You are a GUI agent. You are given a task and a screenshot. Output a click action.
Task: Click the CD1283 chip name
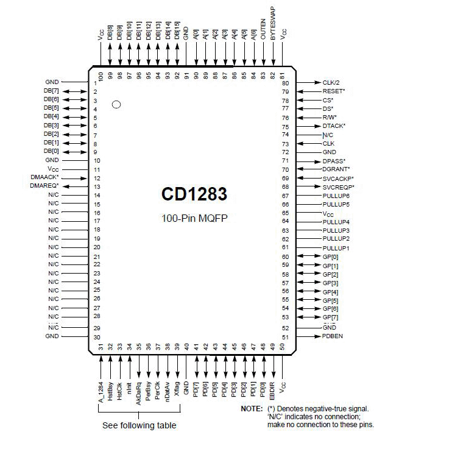coord(194,194)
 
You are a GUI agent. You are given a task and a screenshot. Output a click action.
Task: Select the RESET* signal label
coord(334,91)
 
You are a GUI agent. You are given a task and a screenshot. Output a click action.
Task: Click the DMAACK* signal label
coord(44,177)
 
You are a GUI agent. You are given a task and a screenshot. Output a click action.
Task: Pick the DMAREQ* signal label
coord(44,186)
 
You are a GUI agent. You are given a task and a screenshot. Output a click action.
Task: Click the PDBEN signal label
coord(333,336)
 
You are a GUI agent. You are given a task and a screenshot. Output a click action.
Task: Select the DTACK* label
coord(334,126)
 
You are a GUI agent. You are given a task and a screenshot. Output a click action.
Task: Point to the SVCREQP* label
coord(338,186)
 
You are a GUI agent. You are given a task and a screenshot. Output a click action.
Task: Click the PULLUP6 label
coord(336,196)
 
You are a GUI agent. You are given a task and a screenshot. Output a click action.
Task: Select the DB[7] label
coord(51,91)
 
